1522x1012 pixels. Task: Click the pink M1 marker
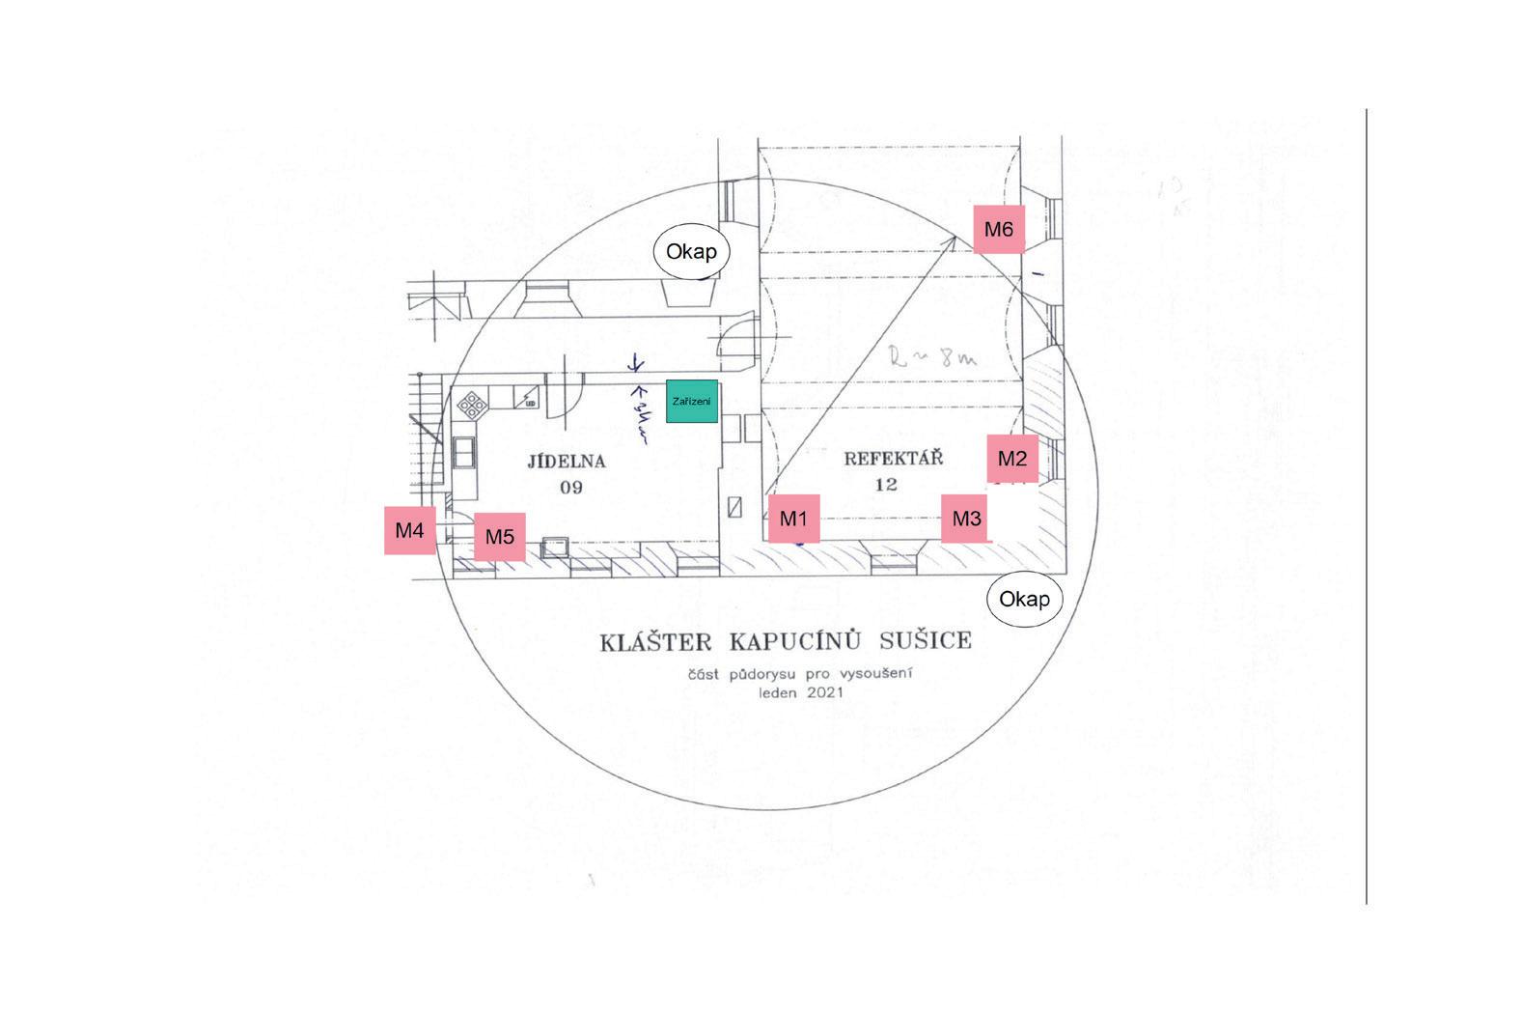click(x=793, y=519)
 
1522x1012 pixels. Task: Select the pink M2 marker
click(x=1011, y=459)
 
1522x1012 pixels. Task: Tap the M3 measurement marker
click(x=966, y=519)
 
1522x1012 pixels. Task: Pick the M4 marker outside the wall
click(x=410, y=530)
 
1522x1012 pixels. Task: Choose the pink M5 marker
click(x=499, y=537)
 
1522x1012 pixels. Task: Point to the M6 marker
click(x=998, y=230)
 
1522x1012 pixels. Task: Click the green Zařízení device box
click(x=692, y=401)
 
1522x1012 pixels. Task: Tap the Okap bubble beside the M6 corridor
click(x=691, y=252)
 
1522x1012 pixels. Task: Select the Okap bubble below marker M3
click(x=1024, y=599)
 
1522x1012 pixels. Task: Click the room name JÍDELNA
click(x=567, y=462)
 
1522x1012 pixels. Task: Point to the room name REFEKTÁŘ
click(x=893, y=459)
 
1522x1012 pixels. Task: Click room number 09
click(x=571, y=488)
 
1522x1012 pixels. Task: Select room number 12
click(x=886, y=485)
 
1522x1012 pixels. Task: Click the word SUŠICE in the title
click(x=925, y=641)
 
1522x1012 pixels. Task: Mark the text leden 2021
click(x=801, y=692)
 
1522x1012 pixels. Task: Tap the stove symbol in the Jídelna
click(x=473, y=404)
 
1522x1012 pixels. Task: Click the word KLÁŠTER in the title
click(x=655, y=642)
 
